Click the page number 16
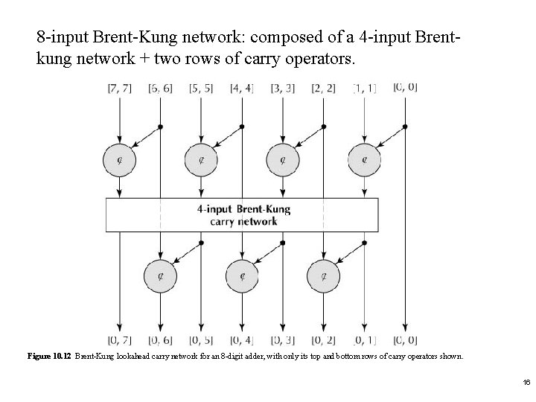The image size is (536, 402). tap(526, 382)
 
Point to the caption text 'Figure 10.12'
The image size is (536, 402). tap(49, 356)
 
